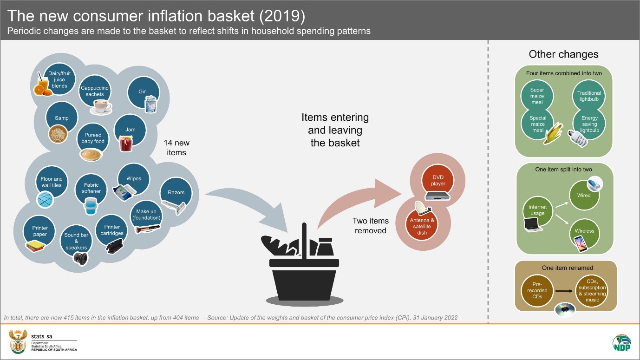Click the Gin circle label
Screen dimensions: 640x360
point(143,92)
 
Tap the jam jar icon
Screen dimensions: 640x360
point(126,144)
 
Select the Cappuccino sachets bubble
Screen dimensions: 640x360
point(95,91)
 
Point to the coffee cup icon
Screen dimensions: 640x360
point(101,107)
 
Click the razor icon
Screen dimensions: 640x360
point(174,207)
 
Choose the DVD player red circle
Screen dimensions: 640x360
point(438,181)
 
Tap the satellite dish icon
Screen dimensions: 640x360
point(423,208)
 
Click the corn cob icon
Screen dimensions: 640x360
point(553,134)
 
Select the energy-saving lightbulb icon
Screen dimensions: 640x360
point(577,138)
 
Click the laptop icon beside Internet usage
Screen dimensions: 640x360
point(533,224)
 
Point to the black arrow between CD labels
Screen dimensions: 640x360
point(564,291)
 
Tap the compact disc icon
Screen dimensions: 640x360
point(565,309)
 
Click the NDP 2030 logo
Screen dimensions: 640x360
point(622,343)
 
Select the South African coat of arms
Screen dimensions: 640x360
point(18,341)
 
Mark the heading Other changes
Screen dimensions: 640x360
point(563,54)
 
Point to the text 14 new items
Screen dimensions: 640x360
point(176,147)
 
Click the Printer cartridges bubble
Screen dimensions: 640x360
point(111,230)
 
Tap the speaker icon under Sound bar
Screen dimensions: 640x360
point(80,259)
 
